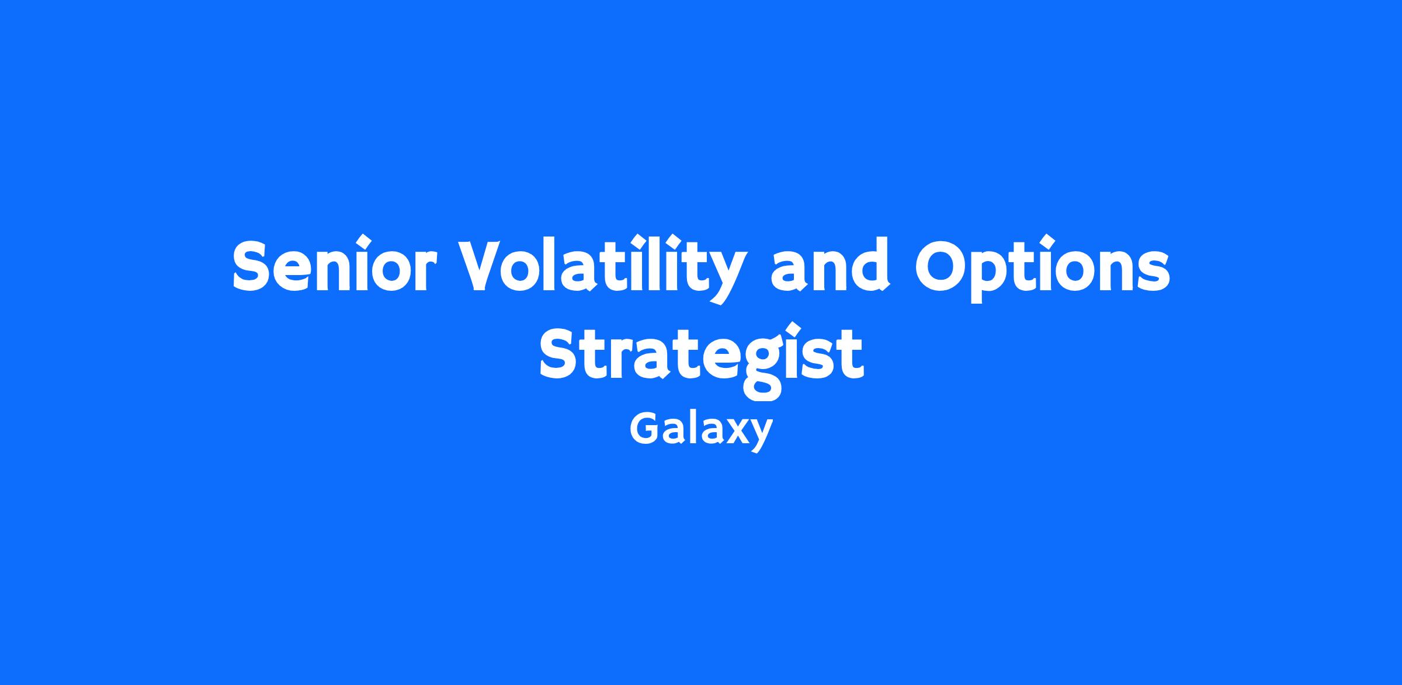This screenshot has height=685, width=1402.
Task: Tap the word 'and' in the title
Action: tap(831, 264)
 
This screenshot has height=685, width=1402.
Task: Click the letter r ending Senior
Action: tap(422, 272)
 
